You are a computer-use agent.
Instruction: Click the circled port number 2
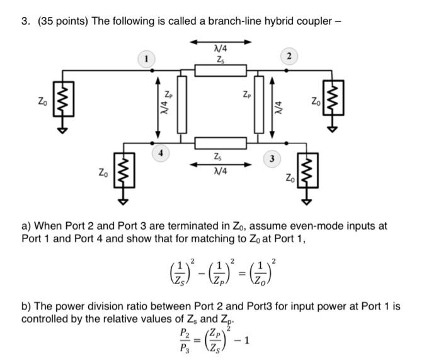click(x=289, y=57)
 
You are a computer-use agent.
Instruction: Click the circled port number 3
click(x=272, y=158)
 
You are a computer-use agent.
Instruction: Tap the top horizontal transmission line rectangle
click(x=220, y=70)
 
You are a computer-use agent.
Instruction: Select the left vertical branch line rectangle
click(x=182, y=104)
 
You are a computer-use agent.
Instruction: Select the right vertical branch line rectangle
click(x=259, y=104)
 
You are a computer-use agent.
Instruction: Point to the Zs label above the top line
click(x=219, y=60)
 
